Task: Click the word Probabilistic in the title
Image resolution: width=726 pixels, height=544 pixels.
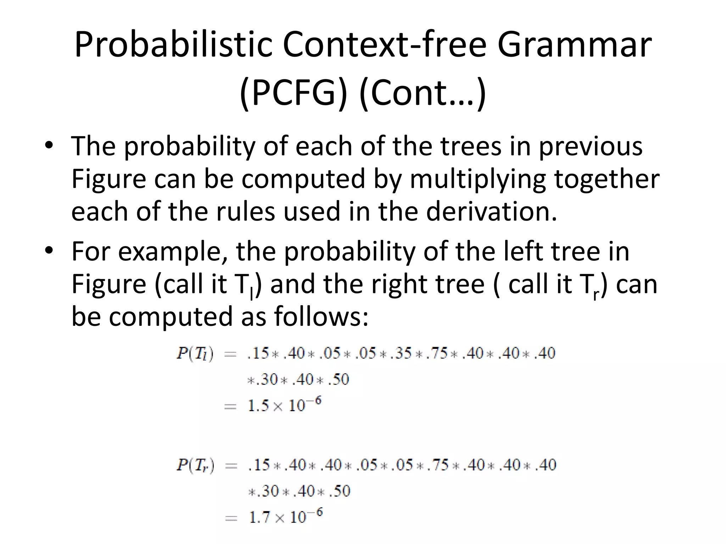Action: tap(173, 45)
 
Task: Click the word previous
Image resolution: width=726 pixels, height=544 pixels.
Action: tap(591, 146)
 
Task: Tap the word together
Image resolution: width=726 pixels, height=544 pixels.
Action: tap(607, 178)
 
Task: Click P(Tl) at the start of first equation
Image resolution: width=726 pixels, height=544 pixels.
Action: tap(195, 353)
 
